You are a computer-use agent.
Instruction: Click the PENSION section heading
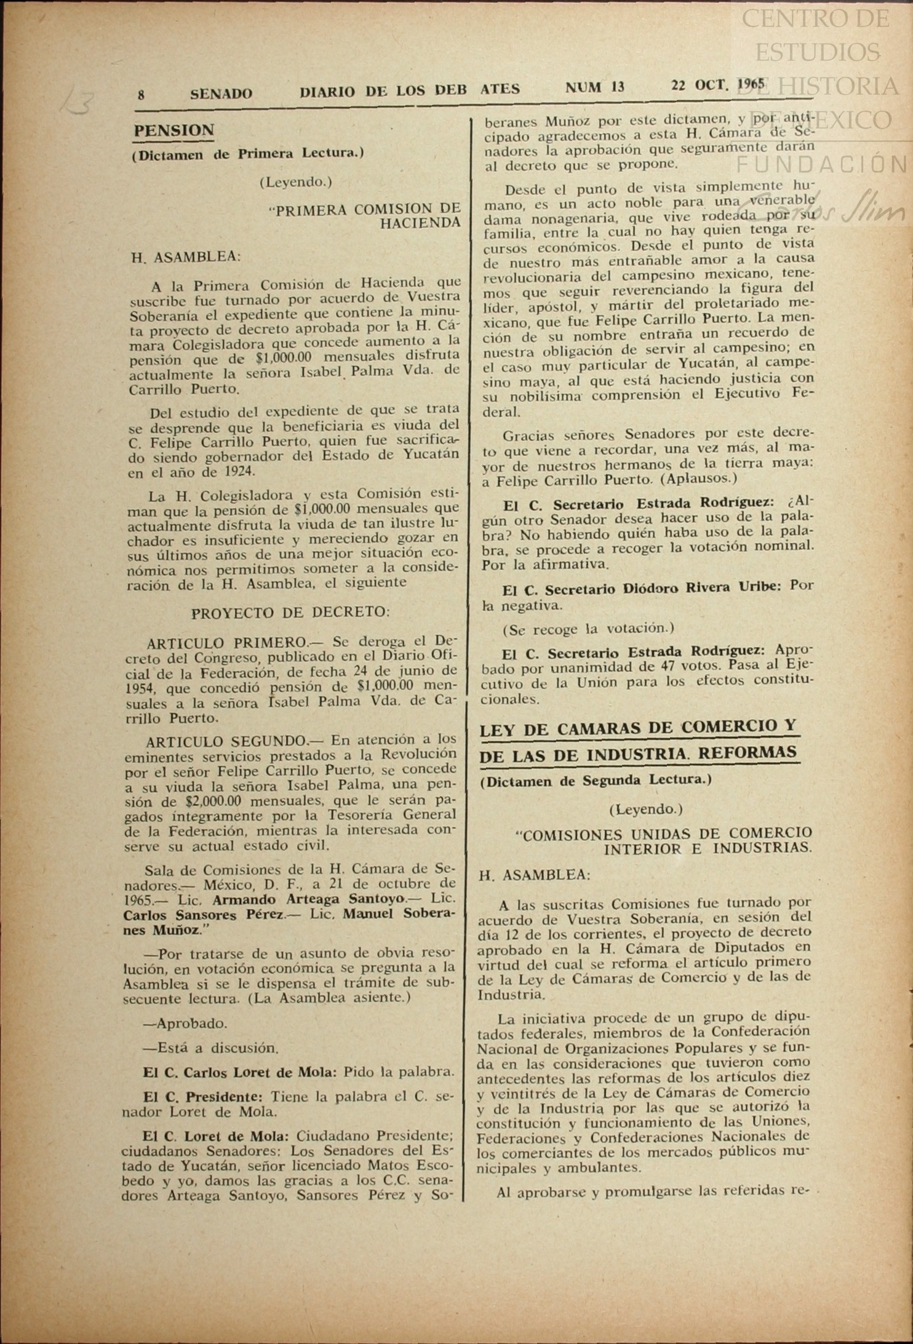pyautogui.click(x=174, y=130)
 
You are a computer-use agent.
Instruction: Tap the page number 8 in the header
pyautogui.click(x=142, y=95)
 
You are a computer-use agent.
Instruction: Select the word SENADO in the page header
pyautogui.click(x=221, y=94)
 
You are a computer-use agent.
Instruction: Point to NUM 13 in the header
pyautogui.click(x=594, y=87)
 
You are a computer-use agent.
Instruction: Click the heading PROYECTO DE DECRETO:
pyautogui.click(x=290, y=613)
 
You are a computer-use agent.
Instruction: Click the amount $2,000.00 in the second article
pyautogui.click(x=212, y=801)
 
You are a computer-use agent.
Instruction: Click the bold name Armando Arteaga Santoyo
pyautogui.click(x=308, y=899)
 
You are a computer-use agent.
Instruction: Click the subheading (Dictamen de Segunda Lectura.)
pyautogui.click(x=596, y=780)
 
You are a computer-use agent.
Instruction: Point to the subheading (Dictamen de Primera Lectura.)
pyautogui.click(x=247, y=154)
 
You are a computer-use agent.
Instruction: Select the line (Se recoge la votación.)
pyautogui.click(x=588, y=629)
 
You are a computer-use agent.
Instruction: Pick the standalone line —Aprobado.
pyautogui.click(x=185, y=1024)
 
